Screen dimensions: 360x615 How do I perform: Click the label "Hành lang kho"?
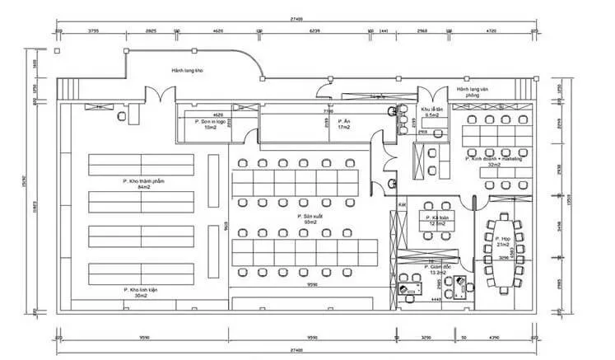(x=188, y=71)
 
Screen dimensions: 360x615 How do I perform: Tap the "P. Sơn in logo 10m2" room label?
(x=210, y=124)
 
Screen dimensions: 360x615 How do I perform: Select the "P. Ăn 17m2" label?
(x=344, y=124)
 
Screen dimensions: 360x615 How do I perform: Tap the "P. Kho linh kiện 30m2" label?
(x=136, y=292)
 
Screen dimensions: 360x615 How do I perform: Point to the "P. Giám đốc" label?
(x=437, y=269)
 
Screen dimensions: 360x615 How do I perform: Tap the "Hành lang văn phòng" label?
(x=480, y=90)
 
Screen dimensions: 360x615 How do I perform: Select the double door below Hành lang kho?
(x=156, y=94)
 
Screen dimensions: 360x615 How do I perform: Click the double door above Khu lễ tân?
(x=431, y=95)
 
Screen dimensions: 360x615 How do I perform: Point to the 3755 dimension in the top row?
(x=94, y=30)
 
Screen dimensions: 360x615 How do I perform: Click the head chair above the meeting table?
(x=501, y=208)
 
